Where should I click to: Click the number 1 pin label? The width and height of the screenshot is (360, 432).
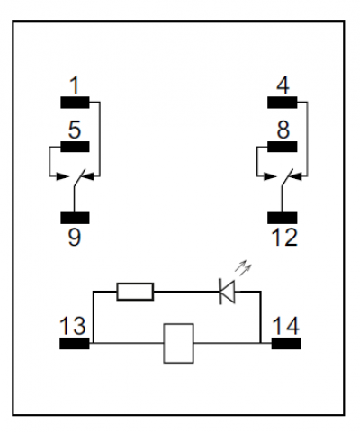click(75, 85)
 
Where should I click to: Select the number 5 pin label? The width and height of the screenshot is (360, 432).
click(75, 130)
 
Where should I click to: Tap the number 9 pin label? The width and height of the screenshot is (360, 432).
click(75, 237)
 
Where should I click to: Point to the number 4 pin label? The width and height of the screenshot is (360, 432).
click(283, 85)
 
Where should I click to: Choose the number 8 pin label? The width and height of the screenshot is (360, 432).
click(283, 130)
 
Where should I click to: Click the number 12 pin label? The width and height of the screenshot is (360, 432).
click(284, 237)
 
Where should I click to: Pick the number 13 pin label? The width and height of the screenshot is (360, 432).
click(73, 326)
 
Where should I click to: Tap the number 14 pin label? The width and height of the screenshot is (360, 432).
click(285, 326)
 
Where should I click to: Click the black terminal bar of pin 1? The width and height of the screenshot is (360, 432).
click(75, 103)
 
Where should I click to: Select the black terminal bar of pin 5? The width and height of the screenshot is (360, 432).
click(75, 147)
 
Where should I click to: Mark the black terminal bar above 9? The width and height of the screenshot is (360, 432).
click(75, 218)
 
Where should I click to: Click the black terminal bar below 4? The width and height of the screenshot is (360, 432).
click(283, 103)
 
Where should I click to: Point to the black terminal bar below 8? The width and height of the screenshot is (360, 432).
click(283, 147)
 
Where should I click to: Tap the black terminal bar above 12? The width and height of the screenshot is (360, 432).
click(283, 218)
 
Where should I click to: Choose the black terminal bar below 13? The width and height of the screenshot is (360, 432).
click(75, 343)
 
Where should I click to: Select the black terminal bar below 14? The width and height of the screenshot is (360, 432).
click(286, 343)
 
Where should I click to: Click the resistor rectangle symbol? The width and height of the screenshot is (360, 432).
click(135, 292)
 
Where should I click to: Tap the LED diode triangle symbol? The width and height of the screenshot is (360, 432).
click(227, 292)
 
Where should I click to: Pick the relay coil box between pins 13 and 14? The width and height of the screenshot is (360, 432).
click(178, 343)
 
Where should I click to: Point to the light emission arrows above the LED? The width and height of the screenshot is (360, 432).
click(243, 267)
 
